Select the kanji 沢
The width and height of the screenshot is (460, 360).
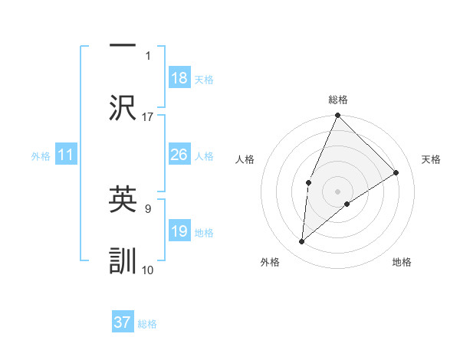pyautogui.click(x=123, y=107)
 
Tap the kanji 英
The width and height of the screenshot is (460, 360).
pyautogui.click(x=123, y=199)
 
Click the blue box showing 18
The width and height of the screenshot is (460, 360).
pyautogui.click(x=179, y=78)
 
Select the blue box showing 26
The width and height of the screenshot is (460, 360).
pyautogui.click(x=179, y=155)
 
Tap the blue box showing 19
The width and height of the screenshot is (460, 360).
pyautogui.click(x=179, y=231)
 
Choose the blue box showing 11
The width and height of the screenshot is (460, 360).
pyautogui.click(x=66, y=155)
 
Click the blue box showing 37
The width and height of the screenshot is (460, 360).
pyautogui.click(x=123, y=322)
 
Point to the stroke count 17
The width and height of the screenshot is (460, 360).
pyautogui.click(x=148, y=116)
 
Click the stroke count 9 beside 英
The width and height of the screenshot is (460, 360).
pyautogui.click(x=148, y=207)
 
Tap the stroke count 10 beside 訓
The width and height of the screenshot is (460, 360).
pyautogui.click(x=148, y=270)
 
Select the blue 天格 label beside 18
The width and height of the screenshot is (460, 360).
pyautogui.click(x=204, y=79)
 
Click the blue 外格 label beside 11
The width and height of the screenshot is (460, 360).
pyautogui.click(x=41, y=155)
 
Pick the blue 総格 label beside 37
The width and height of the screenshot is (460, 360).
pyautogui.click(x=147, y=323)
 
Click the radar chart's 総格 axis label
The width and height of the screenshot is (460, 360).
pyautogui.click(x=338, y=100)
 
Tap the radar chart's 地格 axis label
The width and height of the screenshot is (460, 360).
pyautogui.click(x=402, y=262)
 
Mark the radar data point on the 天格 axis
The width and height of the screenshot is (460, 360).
pyautogui.click(x=396, y=172)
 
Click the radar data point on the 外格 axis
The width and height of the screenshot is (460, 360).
pyautogui.click(x=302, y=242)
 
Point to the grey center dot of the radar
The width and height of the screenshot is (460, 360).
pyautogui.click(x=338, y=191)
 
